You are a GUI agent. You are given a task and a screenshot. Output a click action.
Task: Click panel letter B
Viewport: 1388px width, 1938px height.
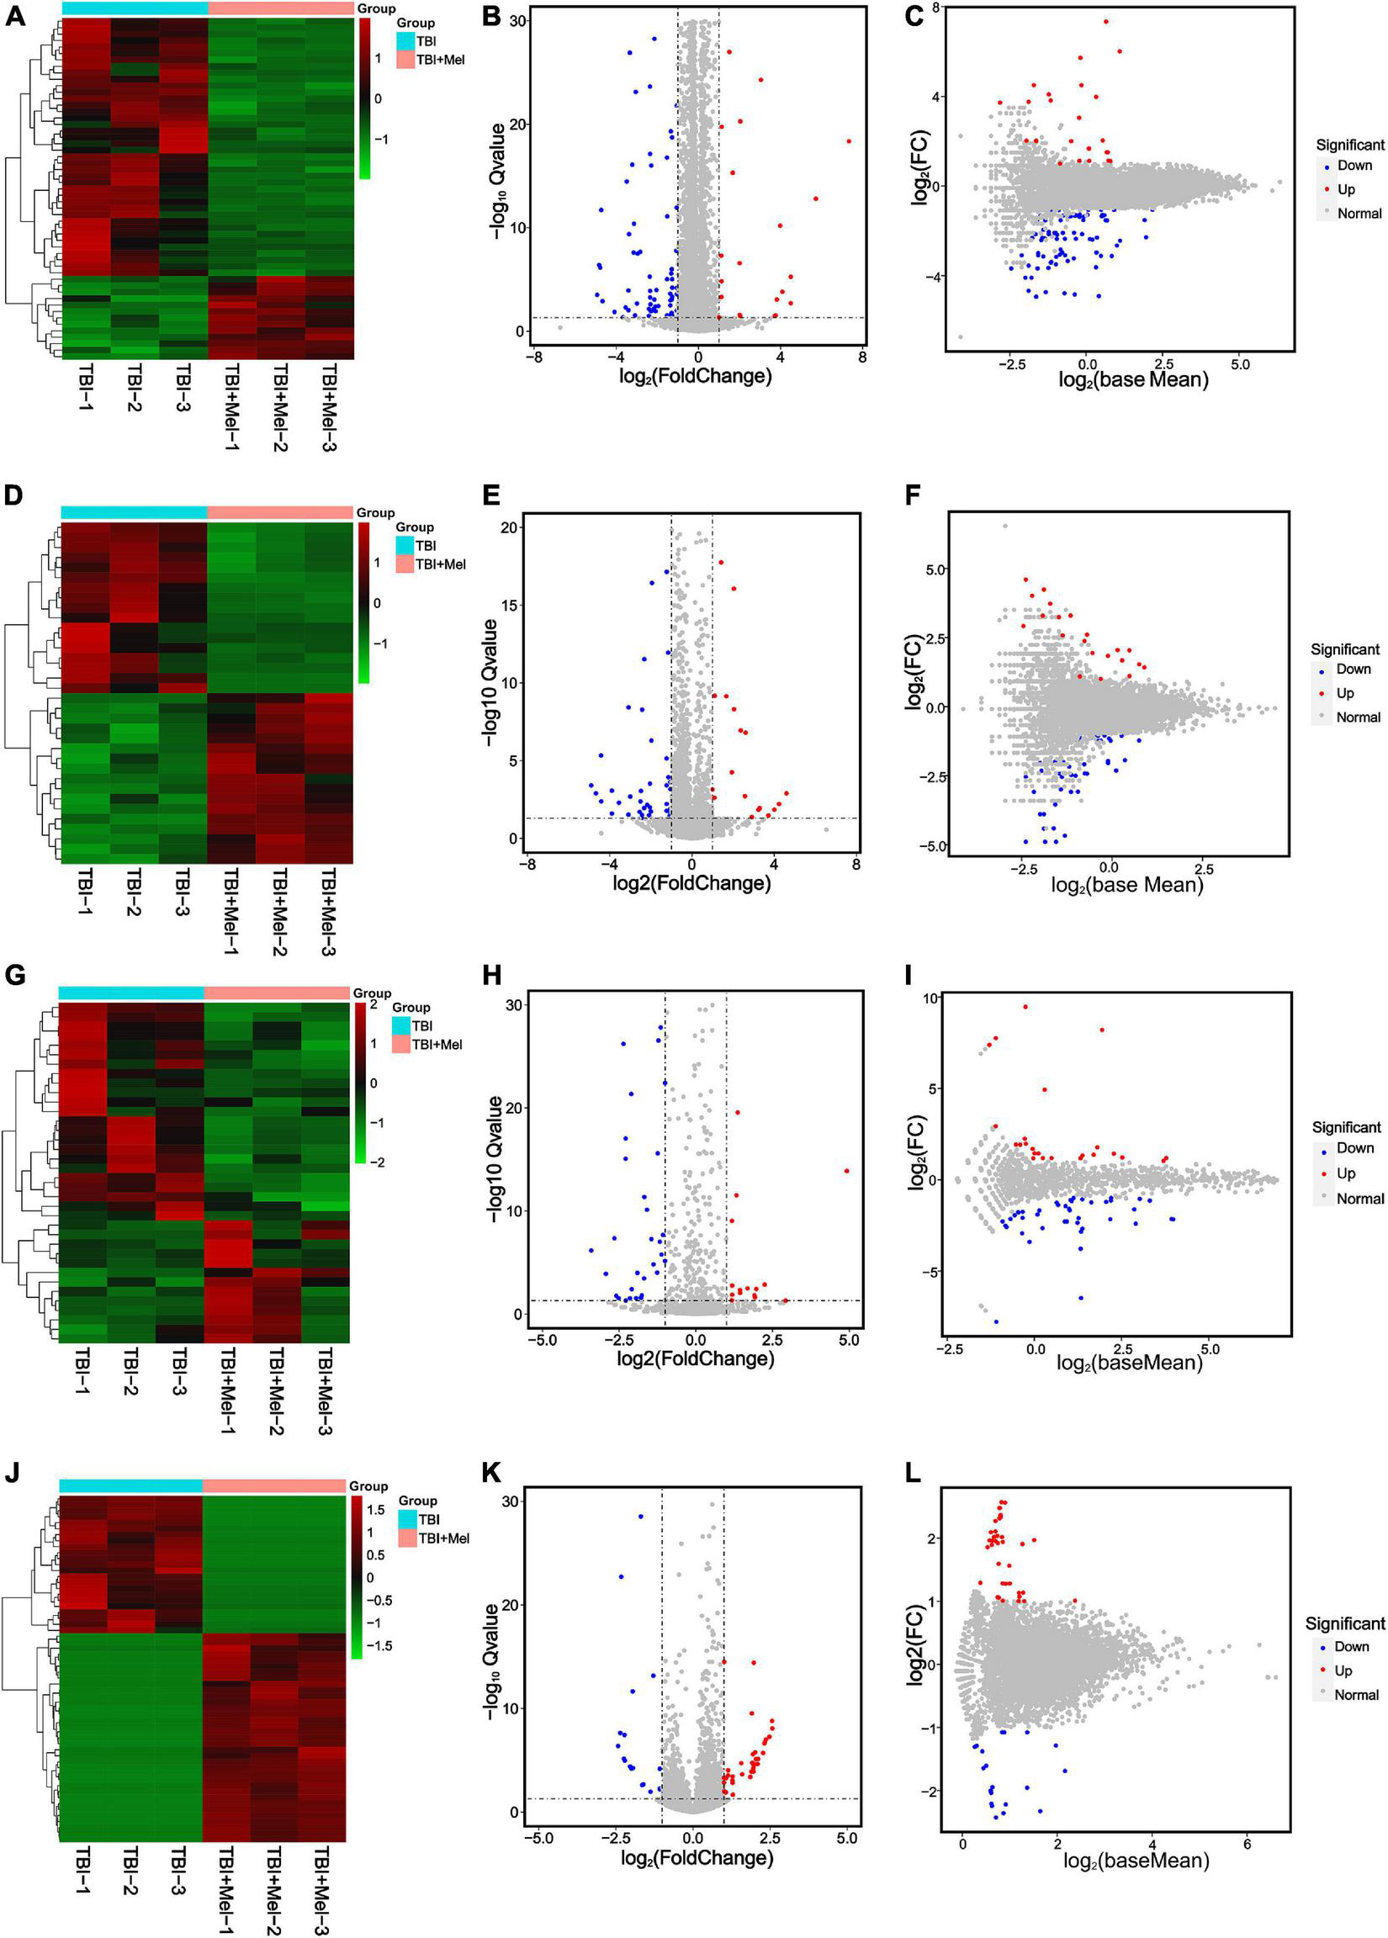[490, 15]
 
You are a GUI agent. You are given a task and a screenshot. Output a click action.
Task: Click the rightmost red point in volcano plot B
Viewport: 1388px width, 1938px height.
[849, 141]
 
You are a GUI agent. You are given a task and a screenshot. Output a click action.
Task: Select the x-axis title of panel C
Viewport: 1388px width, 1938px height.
[1133, 379]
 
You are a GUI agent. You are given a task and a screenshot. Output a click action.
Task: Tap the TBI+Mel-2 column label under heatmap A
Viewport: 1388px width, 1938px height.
[279, 407]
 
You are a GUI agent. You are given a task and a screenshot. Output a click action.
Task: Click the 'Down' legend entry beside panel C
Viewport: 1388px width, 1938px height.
[1354, 166]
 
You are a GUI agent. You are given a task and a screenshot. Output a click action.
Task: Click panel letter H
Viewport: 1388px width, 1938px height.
[490, 975]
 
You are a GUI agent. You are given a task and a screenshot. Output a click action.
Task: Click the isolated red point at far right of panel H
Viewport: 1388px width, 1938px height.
[846, 1171]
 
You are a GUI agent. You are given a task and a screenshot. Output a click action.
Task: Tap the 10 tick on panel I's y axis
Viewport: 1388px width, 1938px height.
[927, 998]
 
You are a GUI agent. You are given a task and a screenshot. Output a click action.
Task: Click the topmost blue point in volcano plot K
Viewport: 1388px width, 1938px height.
[640, 1517]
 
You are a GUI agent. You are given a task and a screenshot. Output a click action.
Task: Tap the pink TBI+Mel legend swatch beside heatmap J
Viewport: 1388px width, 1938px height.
[406, 1538]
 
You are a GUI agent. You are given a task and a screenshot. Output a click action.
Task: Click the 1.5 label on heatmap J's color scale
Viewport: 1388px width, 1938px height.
[376, 1510]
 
